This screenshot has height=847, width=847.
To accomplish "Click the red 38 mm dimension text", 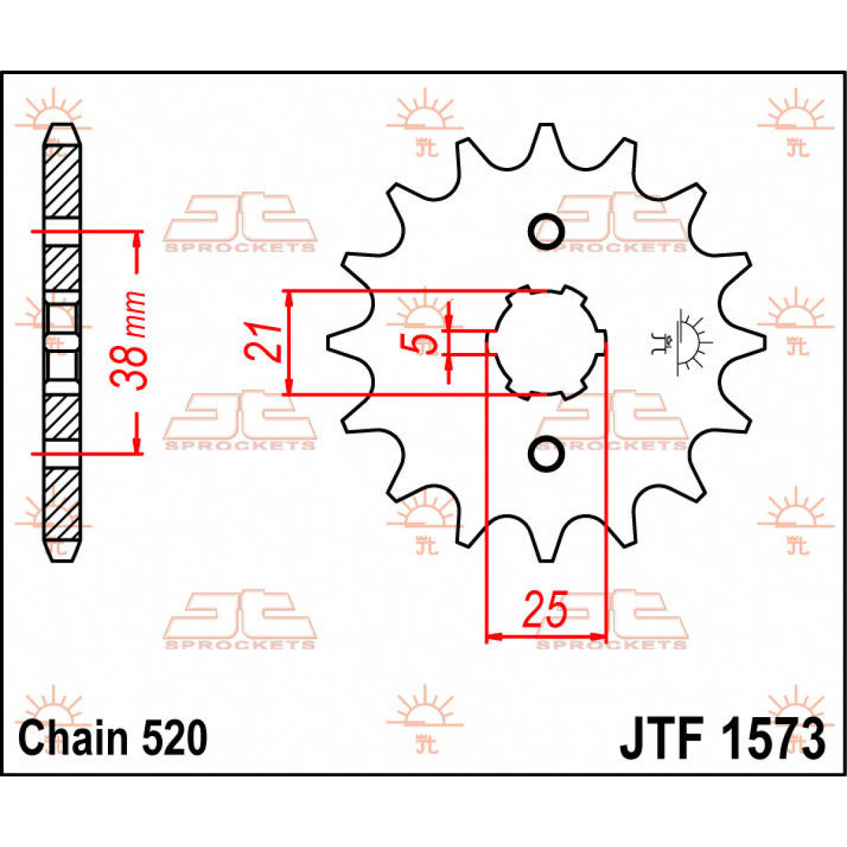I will (130, 341).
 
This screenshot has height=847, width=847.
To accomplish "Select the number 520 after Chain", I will (175, 738).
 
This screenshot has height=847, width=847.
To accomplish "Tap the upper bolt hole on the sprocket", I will (546, 230).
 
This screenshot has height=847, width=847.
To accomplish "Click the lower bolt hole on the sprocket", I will (546, 455).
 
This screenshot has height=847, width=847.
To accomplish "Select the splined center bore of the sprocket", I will (546, 343).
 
